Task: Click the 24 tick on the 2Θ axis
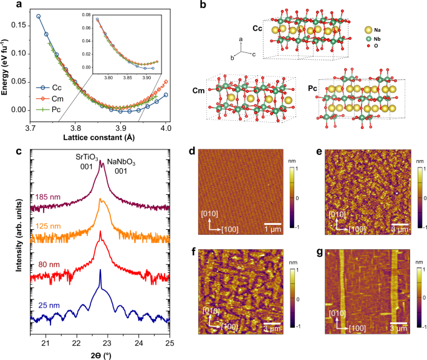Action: point(139,343)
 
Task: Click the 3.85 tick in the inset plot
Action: point(132,78)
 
